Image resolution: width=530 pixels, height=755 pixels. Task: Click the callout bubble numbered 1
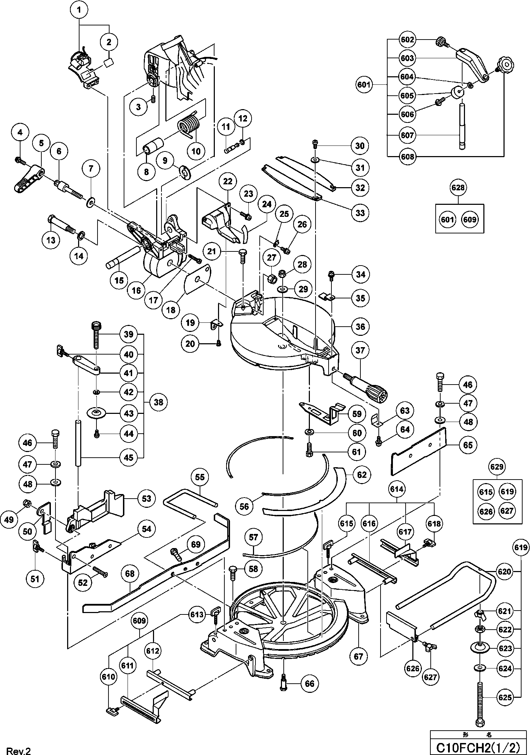[x=79, y=10]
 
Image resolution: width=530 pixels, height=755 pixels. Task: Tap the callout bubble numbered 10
[x=196, y=151]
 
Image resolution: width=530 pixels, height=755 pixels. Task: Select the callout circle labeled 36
[x=360, y=326]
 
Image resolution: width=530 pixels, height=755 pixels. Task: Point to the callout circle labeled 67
[x=358, y=656]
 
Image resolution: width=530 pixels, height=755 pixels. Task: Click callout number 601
[x=364, y=85]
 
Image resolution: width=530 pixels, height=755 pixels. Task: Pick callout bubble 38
[x=159, y=402]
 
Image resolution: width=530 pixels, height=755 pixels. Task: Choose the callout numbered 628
[x=458, y=188]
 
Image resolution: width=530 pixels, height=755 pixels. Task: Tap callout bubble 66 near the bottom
[x=310, y=684]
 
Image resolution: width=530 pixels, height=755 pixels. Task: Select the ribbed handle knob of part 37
[x=376, y=393]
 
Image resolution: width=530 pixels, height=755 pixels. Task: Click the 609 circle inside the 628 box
[x=469, y=219]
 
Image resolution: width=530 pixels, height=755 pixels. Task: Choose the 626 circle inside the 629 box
[x=486, y=511]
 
